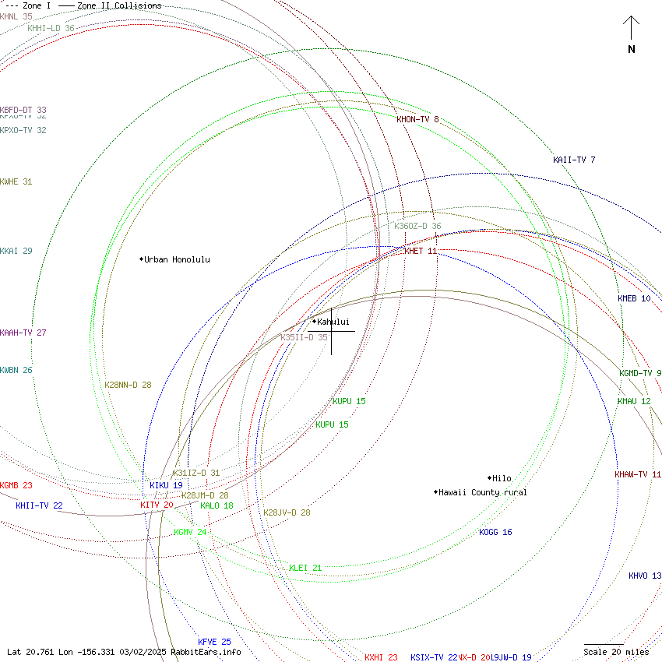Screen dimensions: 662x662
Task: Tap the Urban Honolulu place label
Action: (177, 259)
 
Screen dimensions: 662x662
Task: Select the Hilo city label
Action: (502, 478)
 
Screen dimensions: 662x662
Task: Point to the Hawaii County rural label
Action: (482, 492)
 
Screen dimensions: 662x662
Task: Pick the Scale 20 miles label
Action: (616, 652)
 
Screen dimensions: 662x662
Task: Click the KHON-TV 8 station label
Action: (417, 119)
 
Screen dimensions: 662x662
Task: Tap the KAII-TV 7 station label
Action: (574, 160)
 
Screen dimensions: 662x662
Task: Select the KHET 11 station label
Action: (421, 251)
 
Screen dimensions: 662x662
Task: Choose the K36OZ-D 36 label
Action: (417, 226)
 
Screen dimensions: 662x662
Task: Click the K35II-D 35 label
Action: (304, 337)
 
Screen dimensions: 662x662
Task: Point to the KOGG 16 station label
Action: (495, 532)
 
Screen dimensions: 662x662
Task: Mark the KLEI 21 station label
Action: (305, 568)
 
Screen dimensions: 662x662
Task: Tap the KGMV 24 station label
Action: (190, 532)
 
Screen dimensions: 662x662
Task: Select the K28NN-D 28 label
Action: (128, 384)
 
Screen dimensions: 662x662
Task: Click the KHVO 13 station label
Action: (645, 576)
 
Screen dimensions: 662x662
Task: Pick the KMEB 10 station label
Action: (634, 298)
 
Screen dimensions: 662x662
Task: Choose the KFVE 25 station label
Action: (214, 642)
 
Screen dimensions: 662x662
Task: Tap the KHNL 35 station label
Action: (16, 16)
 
